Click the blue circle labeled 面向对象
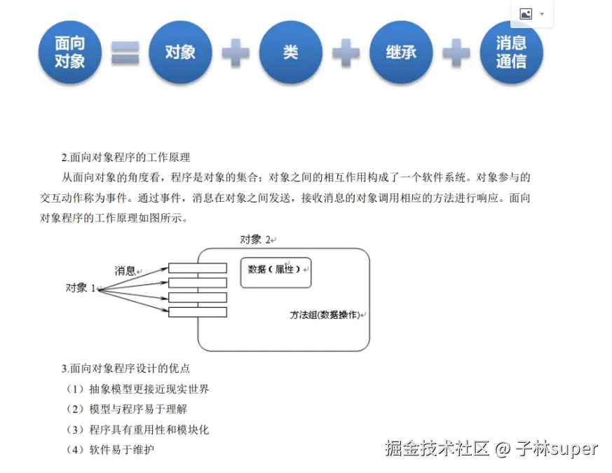(x=69, y=53)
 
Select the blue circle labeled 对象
(x=180, y=53)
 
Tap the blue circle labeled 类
(x=290, y=53)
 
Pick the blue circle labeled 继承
(x=401, y=53)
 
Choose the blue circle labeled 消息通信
(x=511, y=53)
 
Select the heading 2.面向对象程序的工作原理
(x=125, y=157)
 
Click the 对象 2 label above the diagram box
(x=257, y=240)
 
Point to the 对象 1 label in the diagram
(x=80, y=288)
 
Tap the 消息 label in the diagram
(x=126, y=270)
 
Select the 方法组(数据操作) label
(x=325, y=315)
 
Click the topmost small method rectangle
(x=197, y=268)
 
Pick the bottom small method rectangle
(x=197, y=312)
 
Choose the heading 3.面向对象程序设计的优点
(x=125, y=368)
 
